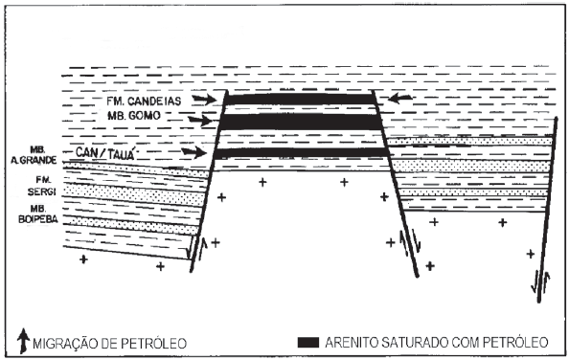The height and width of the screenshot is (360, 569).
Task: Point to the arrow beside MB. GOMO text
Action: (200, 120)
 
